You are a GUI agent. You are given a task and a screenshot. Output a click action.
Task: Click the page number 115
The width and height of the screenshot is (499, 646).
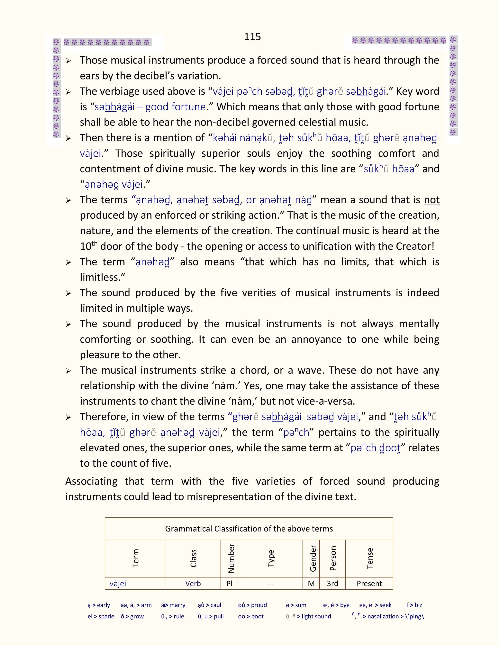pos(252,36)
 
